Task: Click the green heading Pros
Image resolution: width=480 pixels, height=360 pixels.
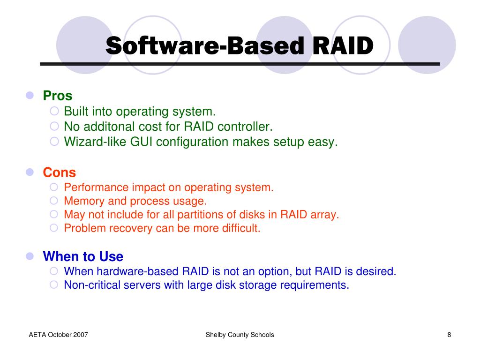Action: tap(58, 96)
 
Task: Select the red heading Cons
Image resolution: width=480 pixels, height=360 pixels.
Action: tap(60, 172)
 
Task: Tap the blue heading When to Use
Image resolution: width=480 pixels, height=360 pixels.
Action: tap(83, 256)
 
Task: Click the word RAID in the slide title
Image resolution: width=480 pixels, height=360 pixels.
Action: tap(343, 45)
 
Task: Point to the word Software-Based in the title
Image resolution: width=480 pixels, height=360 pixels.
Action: tap(205, 45)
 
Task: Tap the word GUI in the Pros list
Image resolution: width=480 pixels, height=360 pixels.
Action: tap(141, 142)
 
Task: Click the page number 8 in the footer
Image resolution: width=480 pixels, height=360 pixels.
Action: tap(449, 335)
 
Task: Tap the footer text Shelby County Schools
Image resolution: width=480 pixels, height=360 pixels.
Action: tap(240, 335)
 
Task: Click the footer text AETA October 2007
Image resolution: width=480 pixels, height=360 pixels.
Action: tap(59, 335)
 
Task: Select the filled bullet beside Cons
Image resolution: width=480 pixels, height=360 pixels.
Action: tap(30, 172)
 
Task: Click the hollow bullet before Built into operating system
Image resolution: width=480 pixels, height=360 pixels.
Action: tap(54, 111)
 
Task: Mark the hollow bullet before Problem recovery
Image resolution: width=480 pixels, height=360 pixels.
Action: tap(53, 228)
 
